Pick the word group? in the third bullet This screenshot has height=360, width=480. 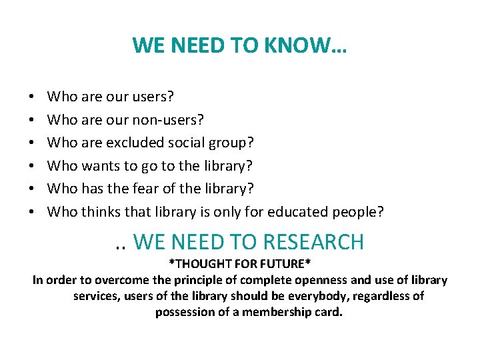tap(237, 143)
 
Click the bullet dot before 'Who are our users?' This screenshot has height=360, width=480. tap(33, 97)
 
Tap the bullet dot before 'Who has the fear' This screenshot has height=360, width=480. tap(33, 189)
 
